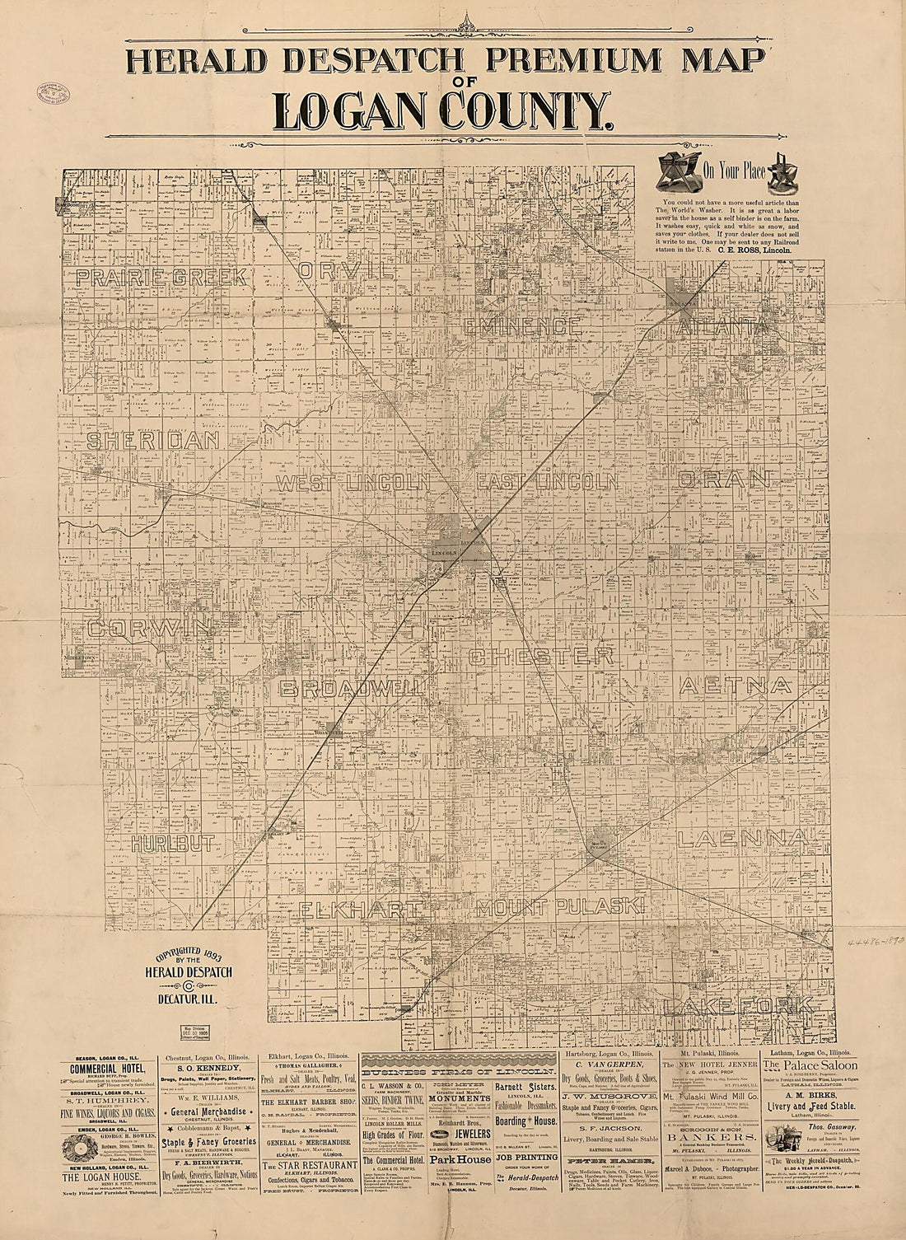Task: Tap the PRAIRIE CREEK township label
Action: pyautogui.click(x=161, y=277)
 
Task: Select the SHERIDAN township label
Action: pyautogui.click(x=153, y=440)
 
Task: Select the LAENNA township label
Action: pyautogui.click(x=740, y=839)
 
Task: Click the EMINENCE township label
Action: pyautogui.click(x=521, y=326)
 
